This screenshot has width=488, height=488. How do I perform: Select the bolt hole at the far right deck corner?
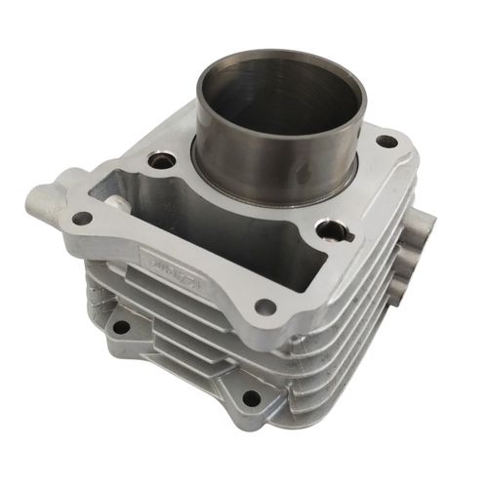(x=387, y=142)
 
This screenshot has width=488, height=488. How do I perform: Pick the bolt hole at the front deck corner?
(x=264, y=308)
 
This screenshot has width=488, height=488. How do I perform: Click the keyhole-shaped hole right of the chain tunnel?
(x=333, y=231)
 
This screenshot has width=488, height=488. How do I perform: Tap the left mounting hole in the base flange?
(x=119, y=327)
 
